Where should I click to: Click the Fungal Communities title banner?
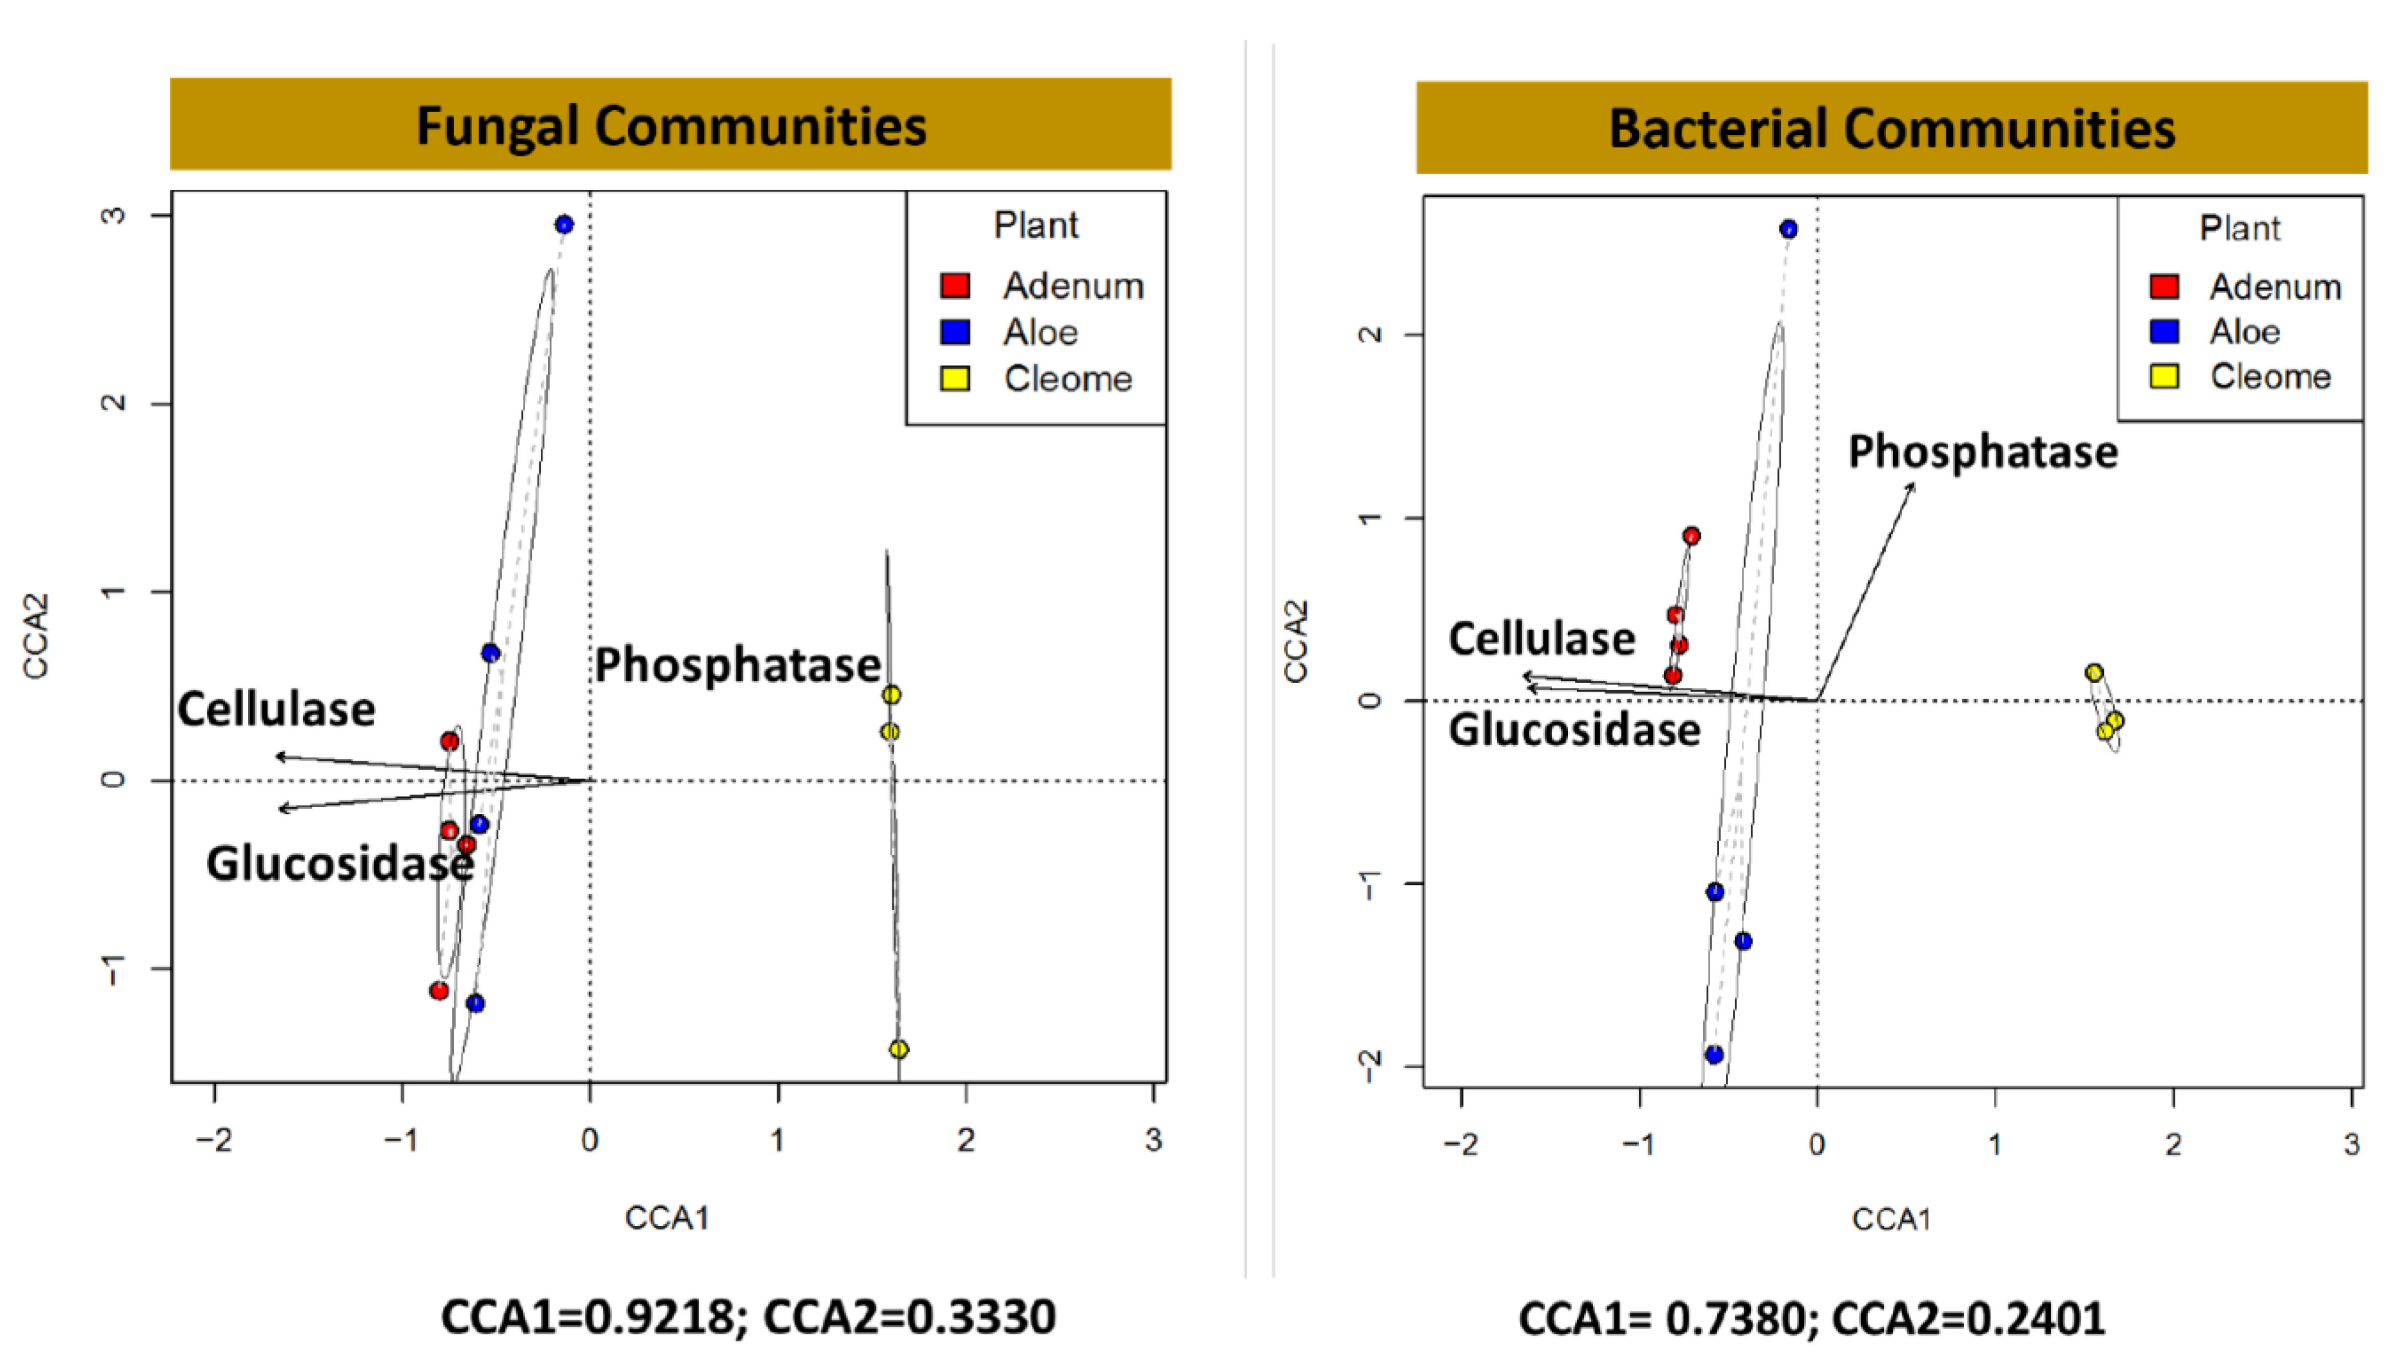point(670,124)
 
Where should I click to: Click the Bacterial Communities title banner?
point(1891,128)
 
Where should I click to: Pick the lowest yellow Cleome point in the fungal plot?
point(899,1049)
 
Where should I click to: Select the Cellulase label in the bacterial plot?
point(1541,640)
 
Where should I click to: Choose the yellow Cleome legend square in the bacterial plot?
point(2164,376)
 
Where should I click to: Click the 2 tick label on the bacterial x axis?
point(2173,1144)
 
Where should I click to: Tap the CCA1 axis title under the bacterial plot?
point(1891,1219)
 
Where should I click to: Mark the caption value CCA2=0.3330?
point(909,1318)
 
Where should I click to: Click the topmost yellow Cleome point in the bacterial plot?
point(2094,672)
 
